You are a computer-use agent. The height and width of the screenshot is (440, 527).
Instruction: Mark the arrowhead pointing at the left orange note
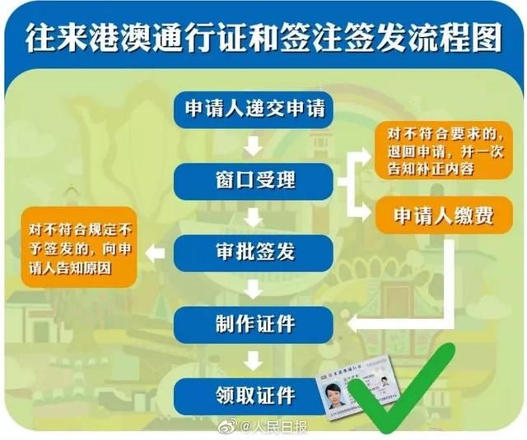(x=152, y=251)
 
